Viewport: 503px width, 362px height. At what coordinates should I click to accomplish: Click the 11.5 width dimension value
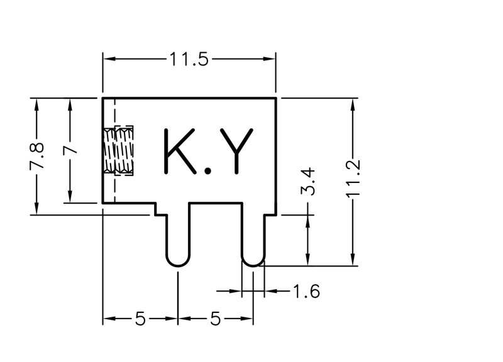(189, 60)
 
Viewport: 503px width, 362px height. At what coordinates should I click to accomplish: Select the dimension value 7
(70, 150)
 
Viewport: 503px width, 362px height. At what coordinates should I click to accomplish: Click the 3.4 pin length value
(307, 182)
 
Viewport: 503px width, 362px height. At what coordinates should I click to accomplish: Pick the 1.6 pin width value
(306, 292)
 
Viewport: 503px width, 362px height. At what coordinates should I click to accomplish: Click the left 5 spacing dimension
(140, 319)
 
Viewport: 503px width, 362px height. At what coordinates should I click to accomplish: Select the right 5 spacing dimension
(215, 319)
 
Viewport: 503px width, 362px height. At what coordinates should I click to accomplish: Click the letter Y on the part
(235, 151)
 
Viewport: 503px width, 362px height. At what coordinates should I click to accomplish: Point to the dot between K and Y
(206, 170)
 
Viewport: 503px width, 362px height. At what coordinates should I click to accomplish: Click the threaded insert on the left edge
(119, 150)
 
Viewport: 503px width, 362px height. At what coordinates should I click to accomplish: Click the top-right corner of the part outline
(277, 98)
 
